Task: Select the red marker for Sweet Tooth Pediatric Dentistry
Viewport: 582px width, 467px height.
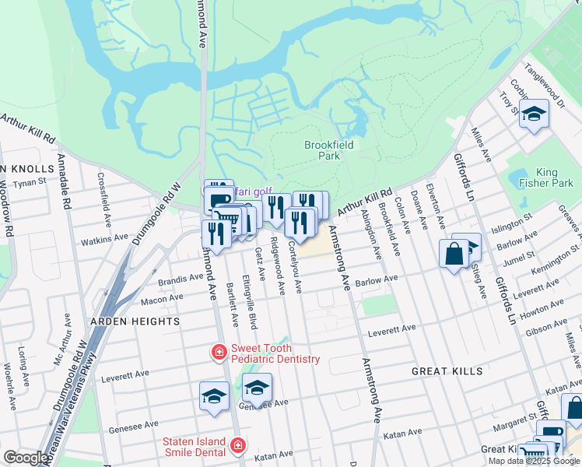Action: pos(219,353)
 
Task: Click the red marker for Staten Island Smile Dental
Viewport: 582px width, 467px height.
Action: pos(237,447)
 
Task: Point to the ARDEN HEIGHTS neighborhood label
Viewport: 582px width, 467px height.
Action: pos(135,321)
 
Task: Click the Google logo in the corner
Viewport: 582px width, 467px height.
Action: pos(26,458)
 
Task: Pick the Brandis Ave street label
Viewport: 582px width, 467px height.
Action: pos(181,279)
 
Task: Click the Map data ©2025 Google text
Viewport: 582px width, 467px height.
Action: pos(533,461)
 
